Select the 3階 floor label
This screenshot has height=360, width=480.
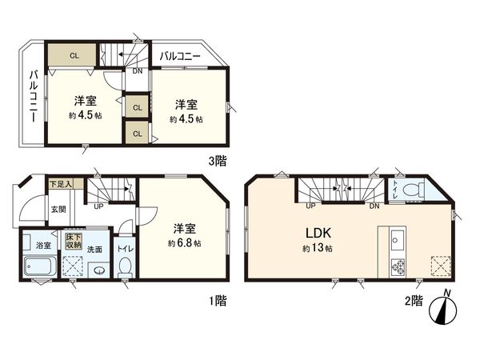point(217,160)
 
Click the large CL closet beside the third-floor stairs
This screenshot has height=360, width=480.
point(73,55)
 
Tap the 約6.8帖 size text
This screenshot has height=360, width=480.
point(185,242)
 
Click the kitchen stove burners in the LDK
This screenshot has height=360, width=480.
point(397,266)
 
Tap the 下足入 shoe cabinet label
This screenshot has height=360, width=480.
point(61,184)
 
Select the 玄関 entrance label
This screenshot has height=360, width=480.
point(60,210)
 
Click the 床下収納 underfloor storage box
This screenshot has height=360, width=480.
point(75,242)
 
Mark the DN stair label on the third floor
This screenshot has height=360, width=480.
point(138,70)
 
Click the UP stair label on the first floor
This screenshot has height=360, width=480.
point(98,206)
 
